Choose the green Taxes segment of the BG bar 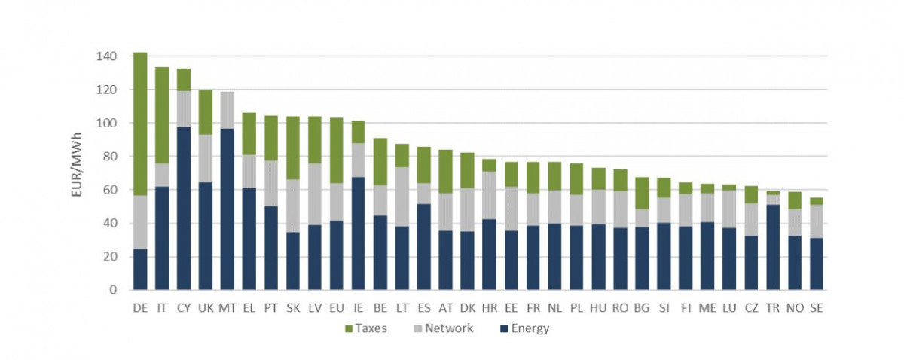tap(641, 193)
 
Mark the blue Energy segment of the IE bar tap(359, 233)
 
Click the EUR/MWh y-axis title tap(78, 171)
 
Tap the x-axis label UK tap(206, 307)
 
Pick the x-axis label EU tap(337, 307)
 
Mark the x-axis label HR tap(489, 307)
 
